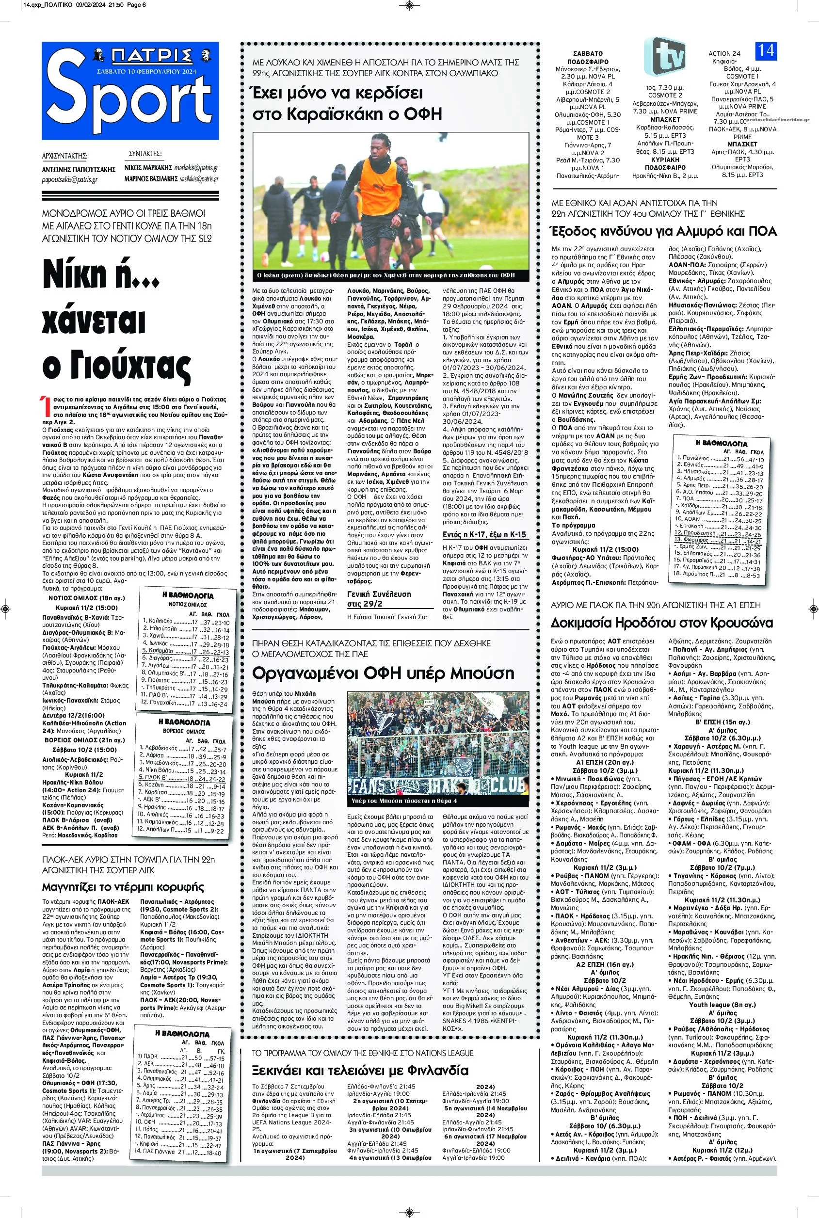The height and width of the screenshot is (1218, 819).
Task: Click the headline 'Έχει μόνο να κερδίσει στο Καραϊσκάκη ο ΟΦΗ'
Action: click(338, 103)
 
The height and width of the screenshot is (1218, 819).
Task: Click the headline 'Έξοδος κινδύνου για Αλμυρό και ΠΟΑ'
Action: click(662, 231)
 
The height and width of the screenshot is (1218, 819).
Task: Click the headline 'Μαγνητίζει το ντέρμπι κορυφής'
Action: click(123, 886)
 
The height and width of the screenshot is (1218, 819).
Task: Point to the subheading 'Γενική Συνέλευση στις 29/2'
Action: click(379, 599)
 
